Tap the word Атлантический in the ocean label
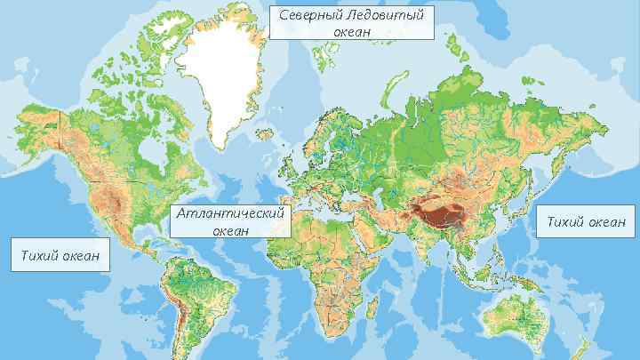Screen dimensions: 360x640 point(230,214)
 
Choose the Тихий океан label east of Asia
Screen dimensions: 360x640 point(585,220)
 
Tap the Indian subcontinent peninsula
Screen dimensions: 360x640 point(431,244)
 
